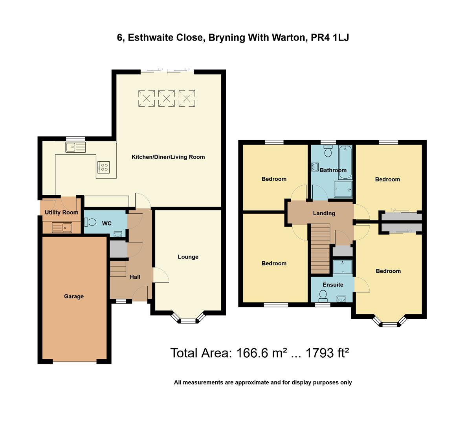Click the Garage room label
pyautogui.click(x=74, y=296)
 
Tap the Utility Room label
pyautogui.click(x=62, y=212)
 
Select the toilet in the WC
pyautogui.click(x=90, y=222)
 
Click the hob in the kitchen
pyautogui.click(x=104, y=167)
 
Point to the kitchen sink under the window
pyautogui.click(x=76, y=147)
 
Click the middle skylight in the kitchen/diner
pyautogui.click(x=167, y=98)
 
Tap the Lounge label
pyautogui.click(x=188, y=257)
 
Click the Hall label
pyautogui.click(x=135, y=277)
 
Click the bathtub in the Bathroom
pyautogui.click(x=345, y=162)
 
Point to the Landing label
pyautogui.click(x=324, y=213)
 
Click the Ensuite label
pyautogui.click(x=333, y=285)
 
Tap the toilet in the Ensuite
pyautogui.click(x=323, y=296)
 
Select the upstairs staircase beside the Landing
pyautogui.click(x=320, y=249)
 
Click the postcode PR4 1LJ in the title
pyautogui.click(x=330, y=38)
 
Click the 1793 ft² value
pyautogui.click(x=327, y=353)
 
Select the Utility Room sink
pyautogui.click(x=62, y=227)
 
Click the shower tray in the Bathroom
pyautogui.click(x=343, y=189)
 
